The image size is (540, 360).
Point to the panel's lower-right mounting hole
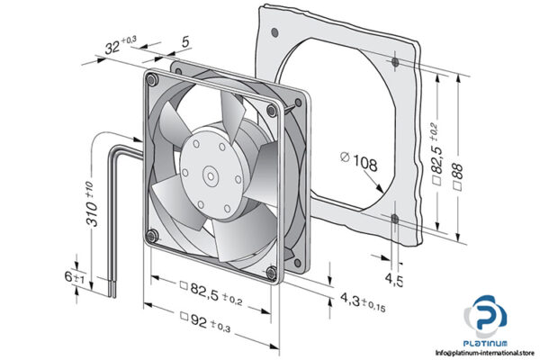(396, 216)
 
